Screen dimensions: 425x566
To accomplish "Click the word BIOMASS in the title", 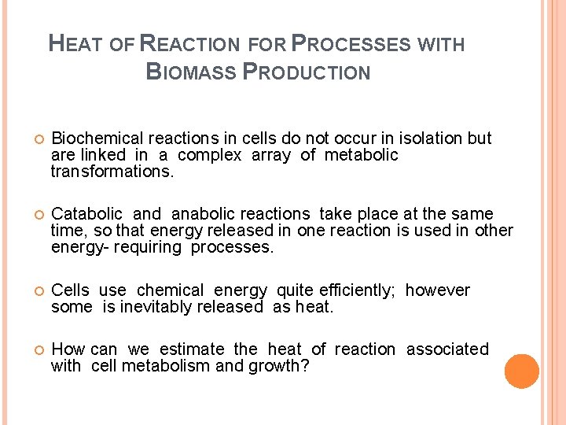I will [x=191, y=72].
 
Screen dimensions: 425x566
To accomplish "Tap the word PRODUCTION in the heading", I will [x=307, y=72].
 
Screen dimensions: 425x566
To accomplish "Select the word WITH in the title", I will [x=442, y=44].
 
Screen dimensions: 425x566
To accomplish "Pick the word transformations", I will [x=112, y=172].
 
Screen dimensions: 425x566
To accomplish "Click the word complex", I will [x=209, y=155].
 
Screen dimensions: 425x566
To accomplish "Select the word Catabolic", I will [x=86, y=214].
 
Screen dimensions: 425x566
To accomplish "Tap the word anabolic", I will [x=203, y=214].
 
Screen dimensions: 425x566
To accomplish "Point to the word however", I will [x=438, y=290].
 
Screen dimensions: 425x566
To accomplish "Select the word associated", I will [x=447, y=349].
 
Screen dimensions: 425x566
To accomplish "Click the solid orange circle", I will [x=522, y=371].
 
